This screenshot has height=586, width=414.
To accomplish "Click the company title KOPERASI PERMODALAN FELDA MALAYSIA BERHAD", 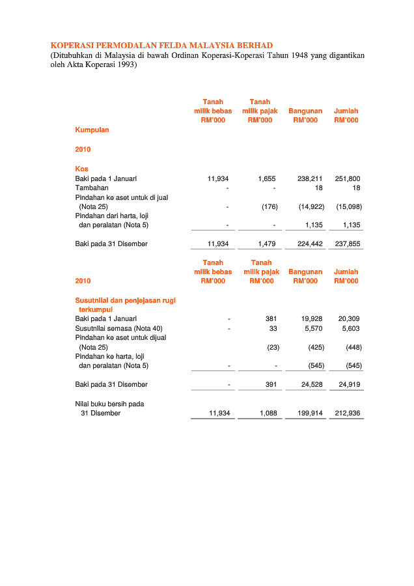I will tap(161, 45).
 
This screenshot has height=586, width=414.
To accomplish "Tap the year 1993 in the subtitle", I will tap(122, 65).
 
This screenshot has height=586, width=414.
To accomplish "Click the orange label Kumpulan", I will tap(92, 130).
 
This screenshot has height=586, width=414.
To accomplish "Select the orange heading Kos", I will tap(81, 169).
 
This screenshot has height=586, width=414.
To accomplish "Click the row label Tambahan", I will tap(92, 188).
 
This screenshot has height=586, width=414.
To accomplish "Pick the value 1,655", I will tap(267, 178).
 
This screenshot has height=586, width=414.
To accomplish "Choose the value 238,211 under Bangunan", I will tap(310, 178).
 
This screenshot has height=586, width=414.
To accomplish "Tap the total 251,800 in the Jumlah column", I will tap(348, 178).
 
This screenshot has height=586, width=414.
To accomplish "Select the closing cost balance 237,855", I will tap(348, 244).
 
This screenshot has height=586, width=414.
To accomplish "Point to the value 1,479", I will tap(267, 244).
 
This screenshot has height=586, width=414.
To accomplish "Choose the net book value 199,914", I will tap(310, 413).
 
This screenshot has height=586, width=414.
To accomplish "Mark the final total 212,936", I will tap(348, 413).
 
